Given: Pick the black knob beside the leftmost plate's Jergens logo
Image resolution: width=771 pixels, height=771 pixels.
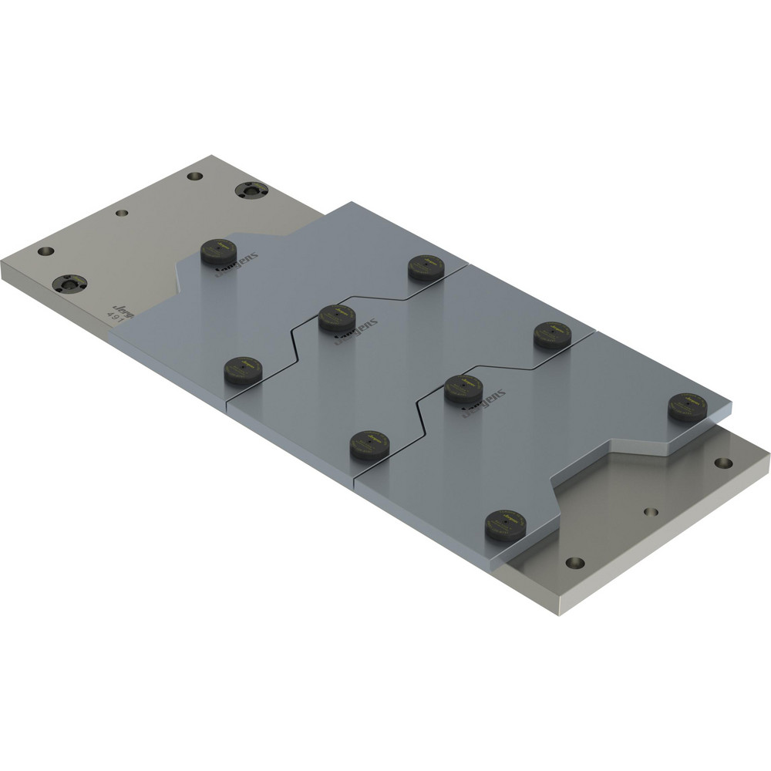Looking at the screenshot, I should tap(218, 251).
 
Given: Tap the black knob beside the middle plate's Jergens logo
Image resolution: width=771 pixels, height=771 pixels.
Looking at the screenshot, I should tap(337, 317).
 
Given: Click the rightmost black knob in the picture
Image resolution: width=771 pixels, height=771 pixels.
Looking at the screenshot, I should tap(687, 406).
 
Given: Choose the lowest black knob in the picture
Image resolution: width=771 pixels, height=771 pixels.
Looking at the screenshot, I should tap(505, 525).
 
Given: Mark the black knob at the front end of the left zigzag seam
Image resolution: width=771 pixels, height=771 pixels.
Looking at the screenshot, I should tap(243, 371).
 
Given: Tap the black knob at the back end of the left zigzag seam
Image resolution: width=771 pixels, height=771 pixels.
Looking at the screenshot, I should tap(426, 267).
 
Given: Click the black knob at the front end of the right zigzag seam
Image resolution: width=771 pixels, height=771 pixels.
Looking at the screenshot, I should tap(369, 445).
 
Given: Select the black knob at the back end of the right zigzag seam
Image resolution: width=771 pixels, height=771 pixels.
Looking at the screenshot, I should tap(553, 334).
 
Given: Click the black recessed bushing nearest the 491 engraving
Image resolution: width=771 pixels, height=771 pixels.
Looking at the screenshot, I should tap(69, 283).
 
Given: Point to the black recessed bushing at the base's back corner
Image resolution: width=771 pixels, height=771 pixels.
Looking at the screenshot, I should tap(251, 190).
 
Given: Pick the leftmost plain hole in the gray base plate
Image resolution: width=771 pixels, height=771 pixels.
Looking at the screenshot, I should tap(45, 251).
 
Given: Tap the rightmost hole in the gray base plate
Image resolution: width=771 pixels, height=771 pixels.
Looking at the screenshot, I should tap(723, 463).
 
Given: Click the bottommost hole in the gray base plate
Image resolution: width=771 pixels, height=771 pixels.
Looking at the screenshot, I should tap(574, 562).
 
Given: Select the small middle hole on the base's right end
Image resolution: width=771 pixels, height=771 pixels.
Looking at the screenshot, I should tap(651, 511).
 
